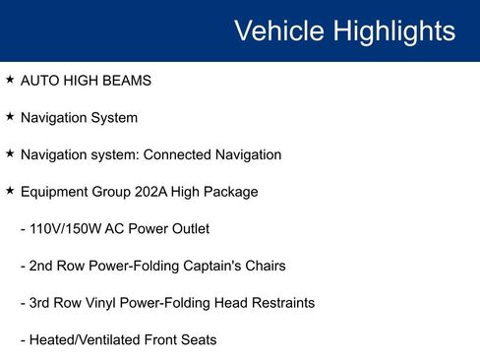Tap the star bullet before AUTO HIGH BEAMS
pyautogui.click(x=10, y=80)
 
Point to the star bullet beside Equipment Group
pyautogui.click(x=10, y=191)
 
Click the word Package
pyautogui.click(x=231, y=192)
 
